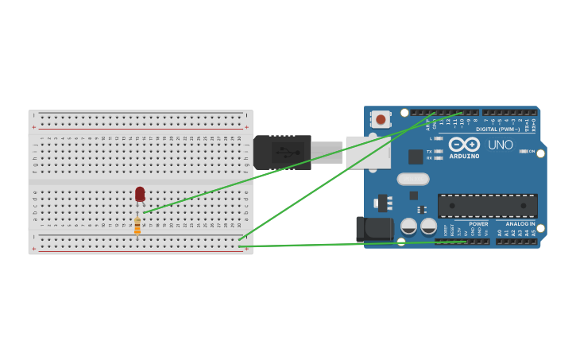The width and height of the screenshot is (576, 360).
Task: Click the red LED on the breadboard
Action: pyautogui.click(x=140, y=194)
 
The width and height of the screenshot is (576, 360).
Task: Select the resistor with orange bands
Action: pyautogui.click(x=137, y=226)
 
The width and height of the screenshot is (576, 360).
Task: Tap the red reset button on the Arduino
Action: pyautogui.click(x=381, y=120)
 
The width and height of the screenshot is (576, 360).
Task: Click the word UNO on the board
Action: pyautogui.click(x=501, y=145)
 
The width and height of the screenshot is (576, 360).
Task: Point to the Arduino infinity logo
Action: pyautogui.click(x=464, y=145)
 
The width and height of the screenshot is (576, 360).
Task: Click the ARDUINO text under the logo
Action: pyautogui.click(x=464, y=156)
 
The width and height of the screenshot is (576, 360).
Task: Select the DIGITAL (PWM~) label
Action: pyautogui.click(x=497, y=129)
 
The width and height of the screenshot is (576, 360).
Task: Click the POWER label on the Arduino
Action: pyautogui.click(x=478, y=224)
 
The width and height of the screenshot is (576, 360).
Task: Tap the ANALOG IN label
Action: pyautogui.click(x=520, y=224)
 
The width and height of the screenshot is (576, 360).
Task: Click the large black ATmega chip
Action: pyautogui.click(x=487, y=206)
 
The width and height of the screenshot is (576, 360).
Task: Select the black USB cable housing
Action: pyautogui.click(x=281, y=152)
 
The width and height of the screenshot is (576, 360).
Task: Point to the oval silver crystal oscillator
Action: pyautogui.click(x=412, y=179)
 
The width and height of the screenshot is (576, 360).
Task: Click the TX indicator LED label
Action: pyautogui.click(x=430, y=151)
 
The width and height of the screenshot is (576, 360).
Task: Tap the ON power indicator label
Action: pyautogui.click(x=532, y=151)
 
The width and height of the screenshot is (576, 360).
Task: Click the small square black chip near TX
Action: pyautogui.click(x=415, y=157)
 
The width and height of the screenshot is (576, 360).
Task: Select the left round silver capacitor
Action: pyautogui.click(x=409, y=226)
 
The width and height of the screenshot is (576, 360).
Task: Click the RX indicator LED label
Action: pyautogui.click(x=430, y=157)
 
